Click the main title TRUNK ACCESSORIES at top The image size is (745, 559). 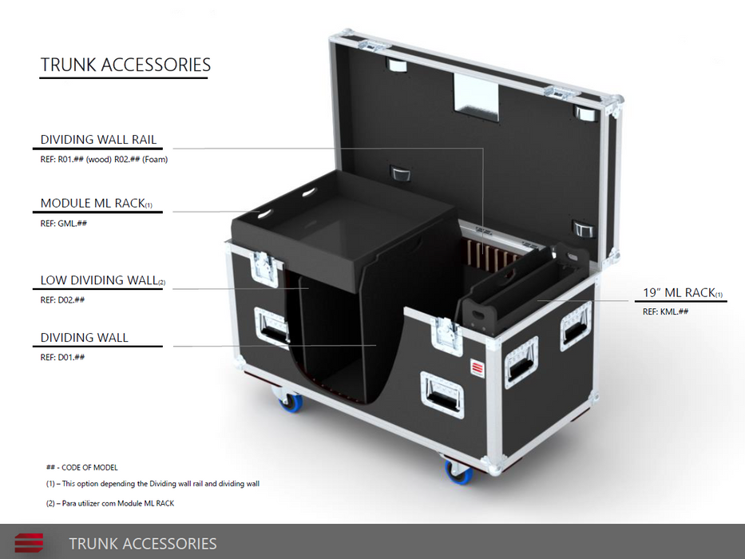click(x=125, y=65)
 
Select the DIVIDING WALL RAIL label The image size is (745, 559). click(x=98, y=140)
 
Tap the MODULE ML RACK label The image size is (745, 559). click(x=96, y=204)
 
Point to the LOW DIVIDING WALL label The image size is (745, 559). click(x=103, y=280)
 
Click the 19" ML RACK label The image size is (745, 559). click(x=683, y=293)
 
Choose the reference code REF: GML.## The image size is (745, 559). click(x=64, y=224)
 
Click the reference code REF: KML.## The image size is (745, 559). click(x=666, y=311)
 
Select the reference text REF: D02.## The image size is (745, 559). click(x=62, y=300)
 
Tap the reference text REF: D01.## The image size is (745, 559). click(x=62, y=358)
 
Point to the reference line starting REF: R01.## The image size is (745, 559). click(x=104, y=160)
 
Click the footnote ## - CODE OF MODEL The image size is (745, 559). click(x=81, y=468)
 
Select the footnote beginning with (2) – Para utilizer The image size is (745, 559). click(x=110, y=503)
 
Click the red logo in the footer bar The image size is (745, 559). click(x=29, y=543)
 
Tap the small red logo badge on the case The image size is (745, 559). click(x=477, y=368)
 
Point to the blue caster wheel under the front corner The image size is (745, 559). click(x=458, y=471)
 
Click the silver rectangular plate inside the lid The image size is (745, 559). click(x=476, y=97)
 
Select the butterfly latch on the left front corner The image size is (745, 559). click(x=264, y=269)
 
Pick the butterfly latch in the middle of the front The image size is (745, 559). click(x=446, y=336)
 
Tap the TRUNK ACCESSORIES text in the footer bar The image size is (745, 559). click(x=143, y=544)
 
